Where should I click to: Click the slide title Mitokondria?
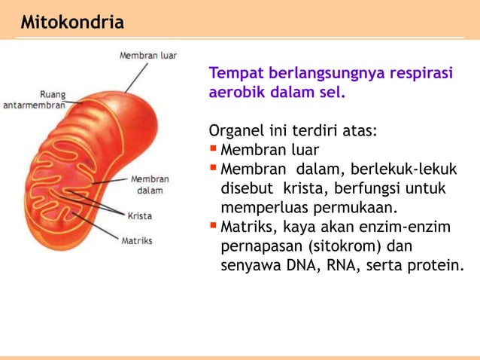(72, 23)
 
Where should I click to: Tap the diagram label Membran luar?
(148, 55)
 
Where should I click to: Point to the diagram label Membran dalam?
(150, 185)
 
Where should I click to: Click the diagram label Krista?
(139, 215)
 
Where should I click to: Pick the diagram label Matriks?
(137, 241)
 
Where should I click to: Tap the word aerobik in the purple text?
(235, 94)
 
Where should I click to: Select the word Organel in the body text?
(235, 131)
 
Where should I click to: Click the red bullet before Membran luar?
(214, 148)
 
